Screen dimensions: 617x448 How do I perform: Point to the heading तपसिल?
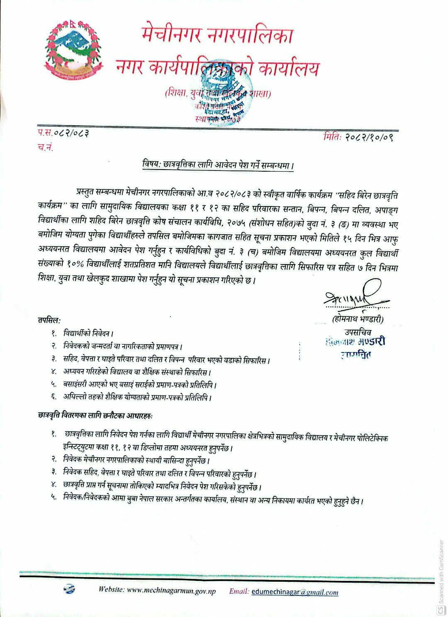click(49, 321)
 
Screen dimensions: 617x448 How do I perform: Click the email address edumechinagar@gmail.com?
click(295, 592)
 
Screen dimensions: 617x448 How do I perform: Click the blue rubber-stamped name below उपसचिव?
click(356, 342)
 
